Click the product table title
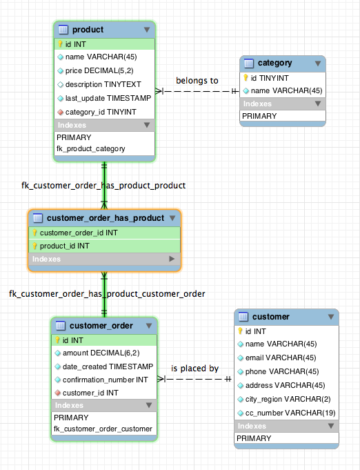[88, 30]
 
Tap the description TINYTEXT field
[103, 84]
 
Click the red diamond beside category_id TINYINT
[60, 112]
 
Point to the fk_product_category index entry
[91, 148]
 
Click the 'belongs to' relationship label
[197, 81]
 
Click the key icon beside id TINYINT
[246, 78]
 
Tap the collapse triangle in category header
[318, 63]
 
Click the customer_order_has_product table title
[106, 218]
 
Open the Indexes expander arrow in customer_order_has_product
[172, 259]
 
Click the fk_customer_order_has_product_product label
[103, 186]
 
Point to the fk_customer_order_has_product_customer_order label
[107, 294]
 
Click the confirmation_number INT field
[105, 380]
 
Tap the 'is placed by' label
[195, 369]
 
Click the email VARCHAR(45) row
[281, 358]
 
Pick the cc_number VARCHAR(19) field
[290, 413]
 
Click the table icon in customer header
[243, 317]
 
